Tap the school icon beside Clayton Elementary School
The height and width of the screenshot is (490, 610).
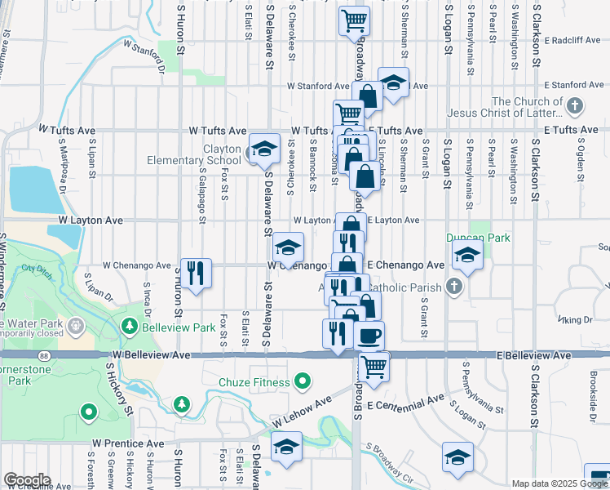[x=263, y=149]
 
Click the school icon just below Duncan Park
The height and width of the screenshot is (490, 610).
[x=467, y=255]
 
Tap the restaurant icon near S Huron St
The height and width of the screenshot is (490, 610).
[x=195, y=272]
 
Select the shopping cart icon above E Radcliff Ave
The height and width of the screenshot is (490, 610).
[x=355, y=20]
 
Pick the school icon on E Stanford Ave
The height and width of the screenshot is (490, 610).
[x=393, y=82]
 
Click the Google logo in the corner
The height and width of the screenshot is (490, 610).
[x=27, y=480]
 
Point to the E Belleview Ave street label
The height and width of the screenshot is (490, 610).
[x=531, y=355]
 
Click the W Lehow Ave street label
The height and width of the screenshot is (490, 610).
[x=302, y=411]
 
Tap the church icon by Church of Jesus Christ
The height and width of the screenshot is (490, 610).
[x=574, y=106]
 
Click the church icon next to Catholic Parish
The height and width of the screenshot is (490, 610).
[x=453, y=287]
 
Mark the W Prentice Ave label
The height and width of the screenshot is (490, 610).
[x=129, y=443]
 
